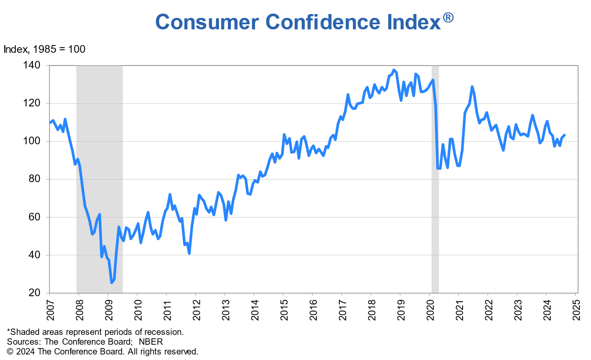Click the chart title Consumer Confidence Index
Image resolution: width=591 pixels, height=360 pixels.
coord(298,21)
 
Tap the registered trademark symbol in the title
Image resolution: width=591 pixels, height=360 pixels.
coord(449,17)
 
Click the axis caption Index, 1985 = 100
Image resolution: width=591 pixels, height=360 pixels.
coord(45,49)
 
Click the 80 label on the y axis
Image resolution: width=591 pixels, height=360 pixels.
coord(36,179)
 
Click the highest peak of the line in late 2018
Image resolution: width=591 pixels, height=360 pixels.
coord(394,70)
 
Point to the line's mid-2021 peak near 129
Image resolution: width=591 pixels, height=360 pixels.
coord(472,87)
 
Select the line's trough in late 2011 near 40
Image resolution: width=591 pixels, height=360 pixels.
coord(189,253)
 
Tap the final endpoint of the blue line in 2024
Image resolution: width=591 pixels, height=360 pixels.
coord(564,135)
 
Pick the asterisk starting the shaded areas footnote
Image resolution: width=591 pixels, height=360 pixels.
coord(9,331)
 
